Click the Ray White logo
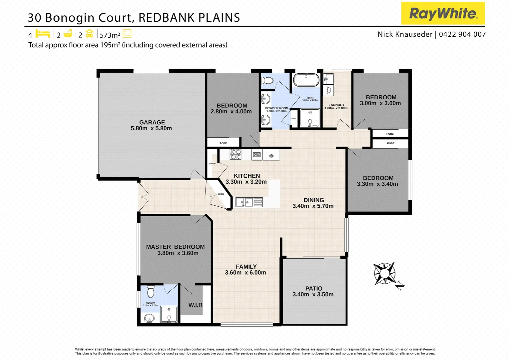point(443,13)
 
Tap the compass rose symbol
point(384,273)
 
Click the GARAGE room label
point(152,122)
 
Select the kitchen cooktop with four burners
point(236,154)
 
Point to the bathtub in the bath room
point(306,80)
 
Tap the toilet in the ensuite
point(151,292)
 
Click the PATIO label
point(313,288)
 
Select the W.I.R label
point(195,305)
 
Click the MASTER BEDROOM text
point(175,247)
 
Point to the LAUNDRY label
point(336,105)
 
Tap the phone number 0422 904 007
point(462,34)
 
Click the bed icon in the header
point(43,34)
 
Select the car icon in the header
point(89,34)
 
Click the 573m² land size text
point(110,35)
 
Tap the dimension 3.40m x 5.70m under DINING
point(313,206)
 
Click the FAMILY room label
point(246,267)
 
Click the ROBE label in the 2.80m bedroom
point(223,143)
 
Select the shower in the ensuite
point(169,314)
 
